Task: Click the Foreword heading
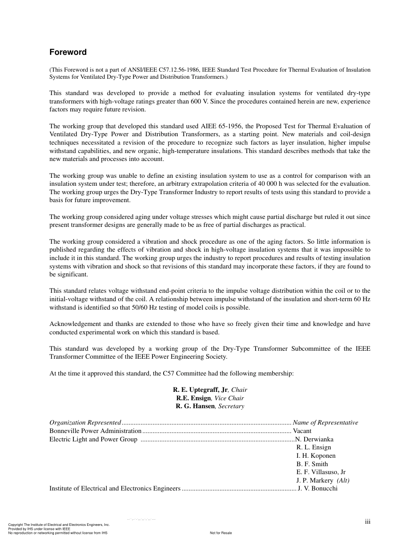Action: tap(68, 52)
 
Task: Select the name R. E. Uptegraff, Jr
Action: tap(200, 390)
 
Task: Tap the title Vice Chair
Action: tap(229, 398)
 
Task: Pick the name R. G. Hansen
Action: tap(195, 406)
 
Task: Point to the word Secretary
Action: tap(231, 406)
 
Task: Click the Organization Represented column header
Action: tap(85, 422)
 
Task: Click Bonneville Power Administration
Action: tap(95, 431)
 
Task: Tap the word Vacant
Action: tap(302, 431)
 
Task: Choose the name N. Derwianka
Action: tap(315, 439)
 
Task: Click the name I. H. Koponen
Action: tap(316, 456)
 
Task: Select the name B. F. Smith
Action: tap(312, 464)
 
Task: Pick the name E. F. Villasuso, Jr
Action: tap(321, 472)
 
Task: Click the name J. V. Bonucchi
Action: tap(317, 489)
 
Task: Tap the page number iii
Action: tap(368, 522)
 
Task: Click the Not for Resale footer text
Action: tap(221, 533)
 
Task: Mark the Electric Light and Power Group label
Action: tap(93, 439)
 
